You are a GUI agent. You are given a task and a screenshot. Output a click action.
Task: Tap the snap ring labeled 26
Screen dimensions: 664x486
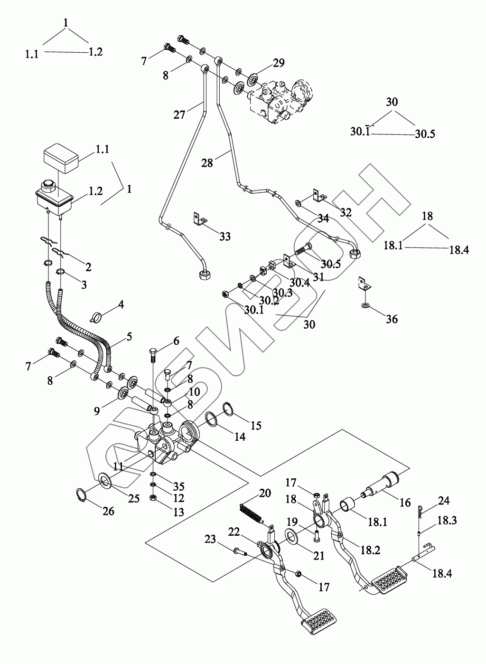click(x=82, y=495)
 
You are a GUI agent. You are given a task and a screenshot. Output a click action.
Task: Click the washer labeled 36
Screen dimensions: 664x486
click(x=365, y=304)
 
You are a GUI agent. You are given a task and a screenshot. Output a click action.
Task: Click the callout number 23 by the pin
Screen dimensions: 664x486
click(x=210, y=539)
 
